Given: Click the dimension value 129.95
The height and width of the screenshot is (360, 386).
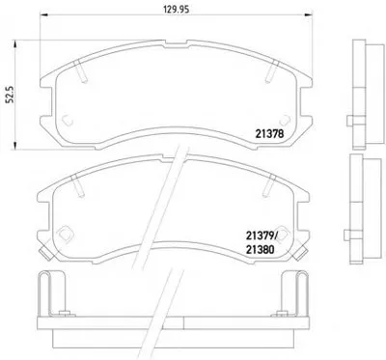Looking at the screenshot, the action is point(176,10).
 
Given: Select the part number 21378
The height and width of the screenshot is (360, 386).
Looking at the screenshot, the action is point(269,133).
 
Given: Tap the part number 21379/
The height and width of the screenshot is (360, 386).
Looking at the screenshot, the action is point(262,236).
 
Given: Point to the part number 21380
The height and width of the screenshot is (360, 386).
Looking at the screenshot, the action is point(260,249).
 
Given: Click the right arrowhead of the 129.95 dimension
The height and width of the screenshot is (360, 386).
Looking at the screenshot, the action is point(309,14).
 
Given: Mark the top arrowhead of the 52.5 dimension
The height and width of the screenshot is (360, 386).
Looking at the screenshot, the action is point(14,43).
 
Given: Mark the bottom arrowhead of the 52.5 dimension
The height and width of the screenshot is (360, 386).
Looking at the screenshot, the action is point(14,146).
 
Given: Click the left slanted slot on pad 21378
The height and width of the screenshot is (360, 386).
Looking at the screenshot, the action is point(80,71).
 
